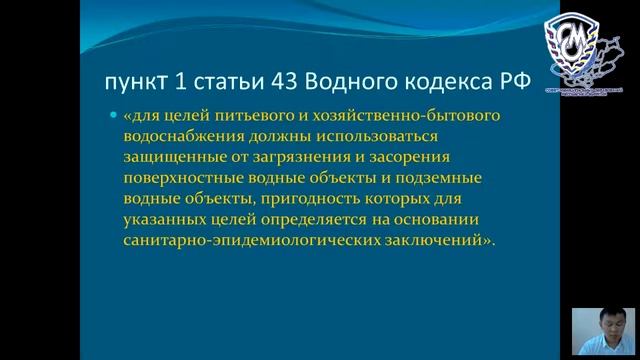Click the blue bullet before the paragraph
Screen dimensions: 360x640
pyautogui.click(x=113, y=116)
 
